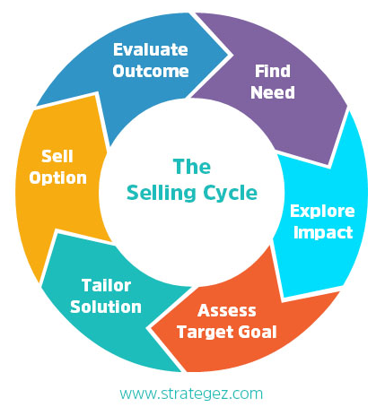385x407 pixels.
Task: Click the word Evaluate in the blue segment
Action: [151, 49]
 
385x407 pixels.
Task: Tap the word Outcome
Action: [151, 71]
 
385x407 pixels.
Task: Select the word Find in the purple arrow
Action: [273, 71]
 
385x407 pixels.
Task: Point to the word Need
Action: [273, 92]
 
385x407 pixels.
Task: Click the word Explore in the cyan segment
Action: [322, 212]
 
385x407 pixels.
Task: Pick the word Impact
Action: [323, 232]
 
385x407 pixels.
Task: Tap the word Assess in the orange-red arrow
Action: [227, 310]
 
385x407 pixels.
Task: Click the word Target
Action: [205, 333]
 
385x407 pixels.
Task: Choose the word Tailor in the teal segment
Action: [106, 285]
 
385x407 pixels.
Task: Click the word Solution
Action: [106, 307]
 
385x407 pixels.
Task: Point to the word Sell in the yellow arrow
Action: [57, 156]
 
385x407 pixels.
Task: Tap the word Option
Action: [57, 178]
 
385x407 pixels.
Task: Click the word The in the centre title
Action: [192, 167]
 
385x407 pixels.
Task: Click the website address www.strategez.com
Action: [191, 394]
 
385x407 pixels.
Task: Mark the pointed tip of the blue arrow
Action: [232, 55]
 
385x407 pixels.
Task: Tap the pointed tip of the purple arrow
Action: [329, 166]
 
